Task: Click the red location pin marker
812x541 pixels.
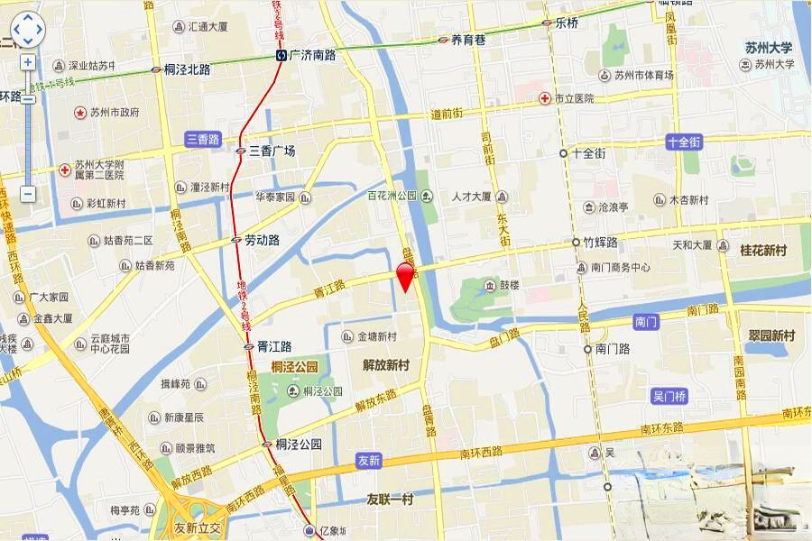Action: pos(406,276)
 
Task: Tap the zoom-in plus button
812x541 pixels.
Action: pos(28,62)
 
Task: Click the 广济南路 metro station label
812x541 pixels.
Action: pos(312,56)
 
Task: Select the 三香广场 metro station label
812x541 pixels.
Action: pos(272,151)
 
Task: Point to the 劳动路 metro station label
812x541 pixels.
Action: pos(262,241)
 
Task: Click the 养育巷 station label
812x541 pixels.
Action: pos(468,40)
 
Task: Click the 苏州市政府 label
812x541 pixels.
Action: pos(114,113)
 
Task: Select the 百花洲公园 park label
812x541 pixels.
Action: pos(392,196)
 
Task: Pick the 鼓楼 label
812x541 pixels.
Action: pos(510,286)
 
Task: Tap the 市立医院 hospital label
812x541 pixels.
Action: pos(574,98)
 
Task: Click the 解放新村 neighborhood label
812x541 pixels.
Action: pos(386,365)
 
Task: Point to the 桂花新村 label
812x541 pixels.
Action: pos(763,249)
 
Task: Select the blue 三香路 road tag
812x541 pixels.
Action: pos(203,139)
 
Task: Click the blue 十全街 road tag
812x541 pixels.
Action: pos(684,142)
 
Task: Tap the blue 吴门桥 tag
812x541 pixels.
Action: pos(669,397)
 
